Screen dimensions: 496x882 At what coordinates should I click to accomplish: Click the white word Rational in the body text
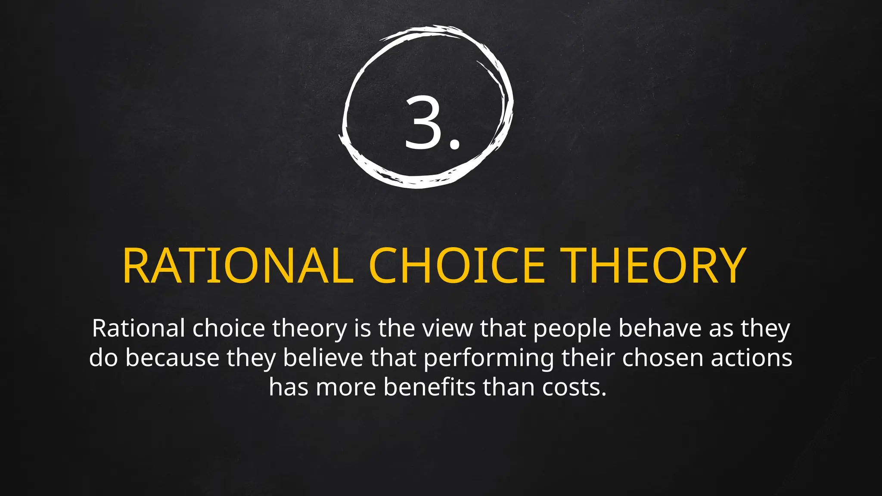138,328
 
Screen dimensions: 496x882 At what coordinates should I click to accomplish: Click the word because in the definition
172,358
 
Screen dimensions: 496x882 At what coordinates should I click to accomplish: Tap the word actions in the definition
752,358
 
